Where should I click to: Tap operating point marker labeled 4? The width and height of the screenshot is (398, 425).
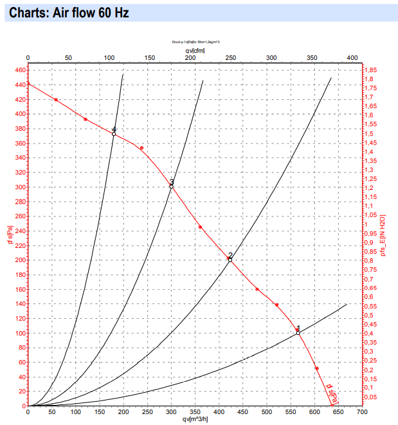point(114,134)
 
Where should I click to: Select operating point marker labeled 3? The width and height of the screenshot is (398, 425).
point(172,187)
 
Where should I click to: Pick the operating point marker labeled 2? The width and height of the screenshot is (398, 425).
point(230,260)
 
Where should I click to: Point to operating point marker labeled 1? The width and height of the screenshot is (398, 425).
point(298,333)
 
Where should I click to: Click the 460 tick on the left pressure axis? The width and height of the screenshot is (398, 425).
point(19,70)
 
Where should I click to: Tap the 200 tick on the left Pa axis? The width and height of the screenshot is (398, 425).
point(19,260)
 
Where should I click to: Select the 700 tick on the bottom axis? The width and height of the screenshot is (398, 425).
point(361,412)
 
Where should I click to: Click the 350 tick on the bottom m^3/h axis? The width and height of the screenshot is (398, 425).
point(195,412)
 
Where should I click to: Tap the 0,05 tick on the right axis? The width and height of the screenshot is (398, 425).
point(371,397)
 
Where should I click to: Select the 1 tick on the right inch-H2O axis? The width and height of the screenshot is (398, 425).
point(366,224)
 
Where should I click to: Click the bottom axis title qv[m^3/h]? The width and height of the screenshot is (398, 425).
point(195,420)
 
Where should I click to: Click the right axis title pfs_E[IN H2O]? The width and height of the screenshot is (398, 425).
point(384,236)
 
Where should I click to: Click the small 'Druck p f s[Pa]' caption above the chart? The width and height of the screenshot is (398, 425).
point(196,41)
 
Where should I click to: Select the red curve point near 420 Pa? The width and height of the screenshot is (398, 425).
point(56,100)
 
